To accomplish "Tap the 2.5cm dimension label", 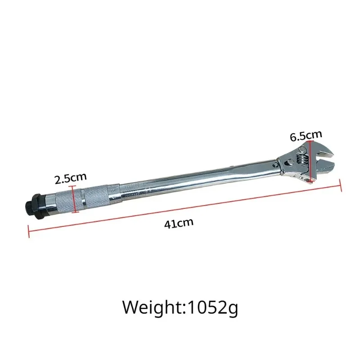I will point(70,180).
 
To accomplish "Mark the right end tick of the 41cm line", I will point(343,184).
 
